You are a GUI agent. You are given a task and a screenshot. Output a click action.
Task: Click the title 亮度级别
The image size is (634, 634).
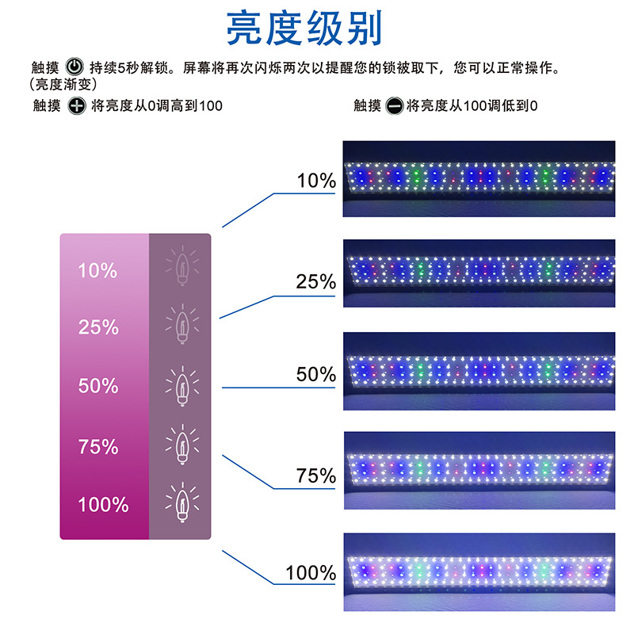[x=304, y=29]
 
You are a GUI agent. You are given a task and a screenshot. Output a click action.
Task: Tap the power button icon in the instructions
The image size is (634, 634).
[x=74, y=67]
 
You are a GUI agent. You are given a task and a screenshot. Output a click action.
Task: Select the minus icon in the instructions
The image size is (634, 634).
[x=395, y=105]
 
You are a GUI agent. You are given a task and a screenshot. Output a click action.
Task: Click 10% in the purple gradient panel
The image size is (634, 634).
[x=97, y=270]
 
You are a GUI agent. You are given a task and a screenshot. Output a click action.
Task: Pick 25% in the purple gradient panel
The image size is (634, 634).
[x=97, y=327]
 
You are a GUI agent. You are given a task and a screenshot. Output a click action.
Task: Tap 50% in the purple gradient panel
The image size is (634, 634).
[x=97, y=386]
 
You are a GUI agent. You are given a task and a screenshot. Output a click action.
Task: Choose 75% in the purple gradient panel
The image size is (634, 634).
[x=97, y=446]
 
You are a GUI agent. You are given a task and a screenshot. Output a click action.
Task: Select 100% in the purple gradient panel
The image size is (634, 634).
[x=103, y=504]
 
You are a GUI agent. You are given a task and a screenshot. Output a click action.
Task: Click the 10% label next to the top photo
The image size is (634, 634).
[x=316, y=181]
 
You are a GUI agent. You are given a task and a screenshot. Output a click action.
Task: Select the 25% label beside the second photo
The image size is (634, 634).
[x=316, y=281]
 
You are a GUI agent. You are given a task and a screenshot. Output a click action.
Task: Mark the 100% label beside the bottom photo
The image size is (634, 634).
[x=311, y=572]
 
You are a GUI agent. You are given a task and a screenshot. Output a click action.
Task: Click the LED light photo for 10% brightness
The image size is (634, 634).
[x=479, y=179]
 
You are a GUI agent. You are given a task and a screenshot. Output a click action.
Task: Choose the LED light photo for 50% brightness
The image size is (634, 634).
[x=479, y=369]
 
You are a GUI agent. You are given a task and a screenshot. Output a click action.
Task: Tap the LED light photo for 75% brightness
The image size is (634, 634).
[x=479, y=469]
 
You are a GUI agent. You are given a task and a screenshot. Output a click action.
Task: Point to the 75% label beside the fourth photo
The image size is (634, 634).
[x=316, y=475]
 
